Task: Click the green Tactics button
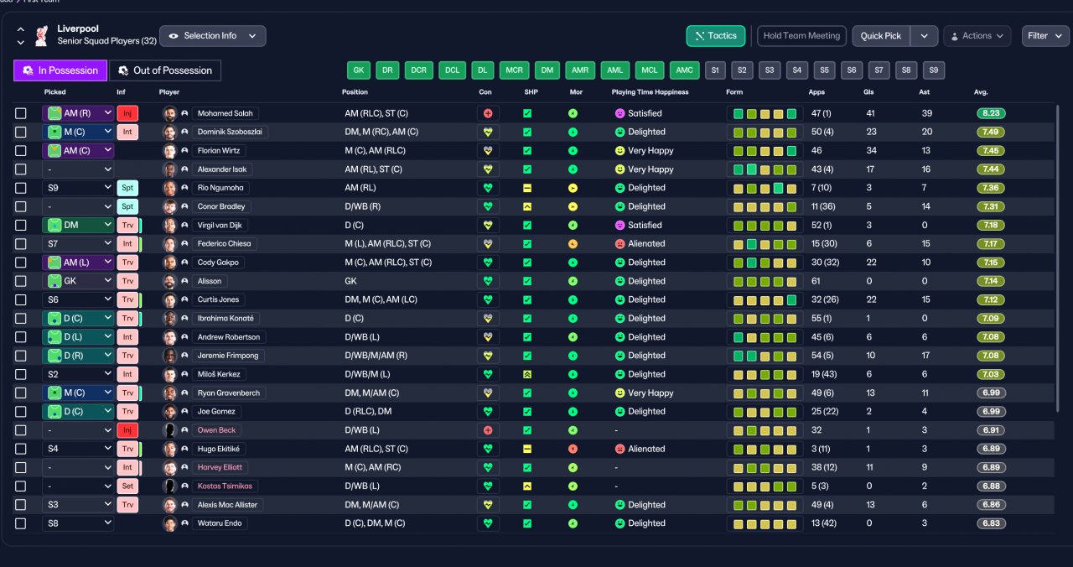tap(716, 36)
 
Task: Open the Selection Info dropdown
tap(213, 36)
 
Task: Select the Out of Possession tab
tap(165, 70)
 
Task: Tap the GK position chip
tap(358, 70)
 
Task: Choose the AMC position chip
tap(684, 70)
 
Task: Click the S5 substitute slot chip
tap(824, 70)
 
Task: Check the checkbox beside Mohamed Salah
tap(21, 113)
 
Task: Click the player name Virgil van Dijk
tap(220, 226)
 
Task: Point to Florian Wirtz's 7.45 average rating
tap(991, 150)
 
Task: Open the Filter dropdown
tap(1045, 36)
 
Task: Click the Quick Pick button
tap(880, 36)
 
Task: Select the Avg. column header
tap(981, 92)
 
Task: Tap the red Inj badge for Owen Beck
tap(127, 430)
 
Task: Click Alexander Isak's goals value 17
tap(870, 169)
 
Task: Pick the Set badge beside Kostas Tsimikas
tap(127, 486)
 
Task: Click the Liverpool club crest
tap(42, 36)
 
